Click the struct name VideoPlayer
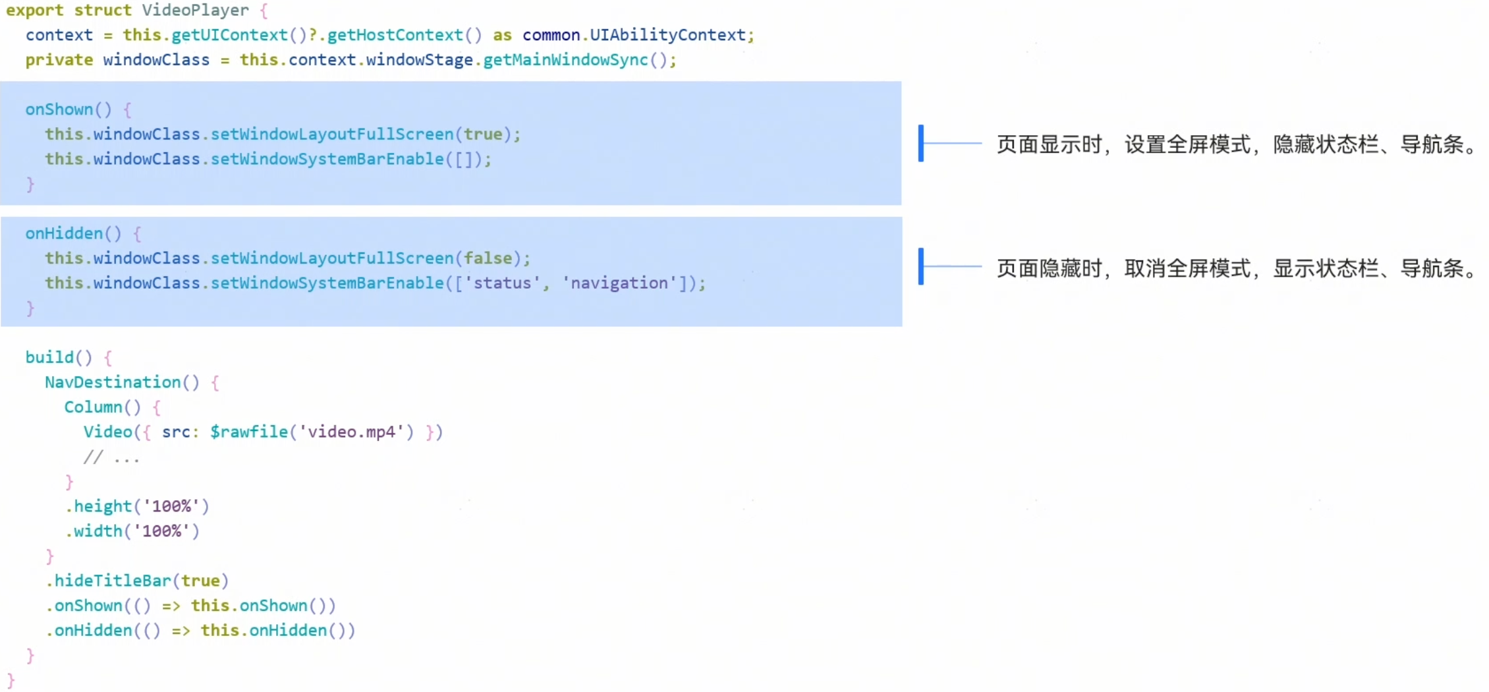pos(195,11)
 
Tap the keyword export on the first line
pos(35,11)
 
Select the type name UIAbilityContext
pos(667,35)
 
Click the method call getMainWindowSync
pos(565,60)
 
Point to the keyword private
pos(59,60)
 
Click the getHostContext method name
pos(395,35)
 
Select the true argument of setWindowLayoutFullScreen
pos(483,134)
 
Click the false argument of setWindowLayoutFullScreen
pos(488,258)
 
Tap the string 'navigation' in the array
pos(619,283)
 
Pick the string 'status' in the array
pos(502,283)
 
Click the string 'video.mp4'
pos(352,432)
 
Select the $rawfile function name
pos(249,432)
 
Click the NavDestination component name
pos(113,382)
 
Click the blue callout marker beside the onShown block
pos(921,143)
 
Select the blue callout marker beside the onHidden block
pos(921,266)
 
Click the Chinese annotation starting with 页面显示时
pos(1236,144)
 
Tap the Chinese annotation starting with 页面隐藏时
pos(1236,268)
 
